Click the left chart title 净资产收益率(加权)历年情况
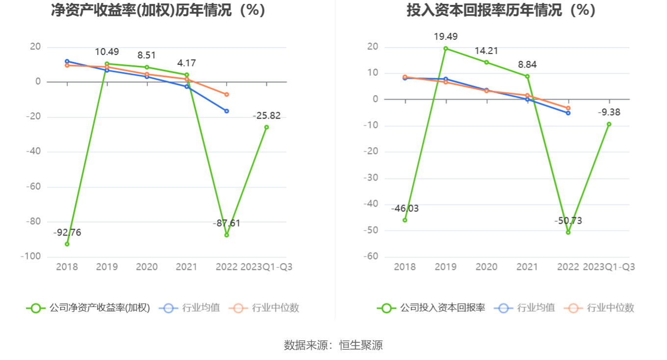[158, 10]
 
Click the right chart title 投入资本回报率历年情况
[501, 10]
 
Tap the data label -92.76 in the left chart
[67, 232]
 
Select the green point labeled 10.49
[107, 64]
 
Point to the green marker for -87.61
[227, 235]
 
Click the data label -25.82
[266, 116]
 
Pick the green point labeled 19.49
[446, 48]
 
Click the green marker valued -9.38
[609, 124]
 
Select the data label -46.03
[405, 208]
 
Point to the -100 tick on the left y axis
[30, 257]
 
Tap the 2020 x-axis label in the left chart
[147, 267]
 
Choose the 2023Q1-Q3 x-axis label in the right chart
[609, 267]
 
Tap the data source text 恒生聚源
[361, 345]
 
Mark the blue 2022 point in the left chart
[227, 111]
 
